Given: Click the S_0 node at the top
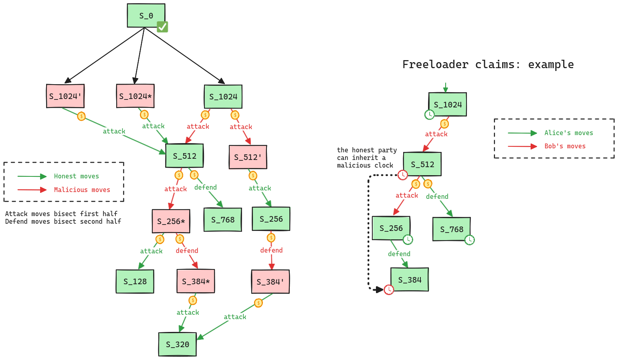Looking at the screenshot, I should [146, 16].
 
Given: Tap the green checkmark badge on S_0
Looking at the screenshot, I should [162, 27].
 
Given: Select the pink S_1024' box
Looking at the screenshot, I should [65, 96].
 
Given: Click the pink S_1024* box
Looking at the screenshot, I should [135, 96].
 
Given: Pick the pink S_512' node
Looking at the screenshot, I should [248, 157].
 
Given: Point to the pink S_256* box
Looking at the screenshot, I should [171, 221].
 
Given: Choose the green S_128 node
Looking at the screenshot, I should [135, 281].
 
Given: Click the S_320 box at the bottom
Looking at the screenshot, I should [178, 344].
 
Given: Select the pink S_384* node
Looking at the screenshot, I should [196, 281].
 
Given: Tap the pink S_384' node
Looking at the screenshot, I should [271, 282].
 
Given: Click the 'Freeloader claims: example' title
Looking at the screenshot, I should [488, 65].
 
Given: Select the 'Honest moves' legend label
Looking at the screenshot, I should [76, 176].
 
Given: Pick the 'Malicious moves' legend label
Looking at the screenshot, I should [82, 190].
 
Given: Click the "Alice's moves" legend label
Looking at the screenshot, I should [568, 133].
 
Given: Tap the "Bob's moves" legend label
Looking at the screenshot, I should [565, 146].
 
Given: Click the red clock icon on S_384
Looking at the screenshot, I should [389, 289].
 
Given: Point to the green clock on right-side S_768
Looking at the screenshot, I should [469, 240].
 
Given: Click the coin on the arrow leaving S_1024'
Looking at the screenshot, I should [81, 116].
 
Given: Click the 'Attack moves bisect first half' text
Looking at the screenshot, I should [61, 214].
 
